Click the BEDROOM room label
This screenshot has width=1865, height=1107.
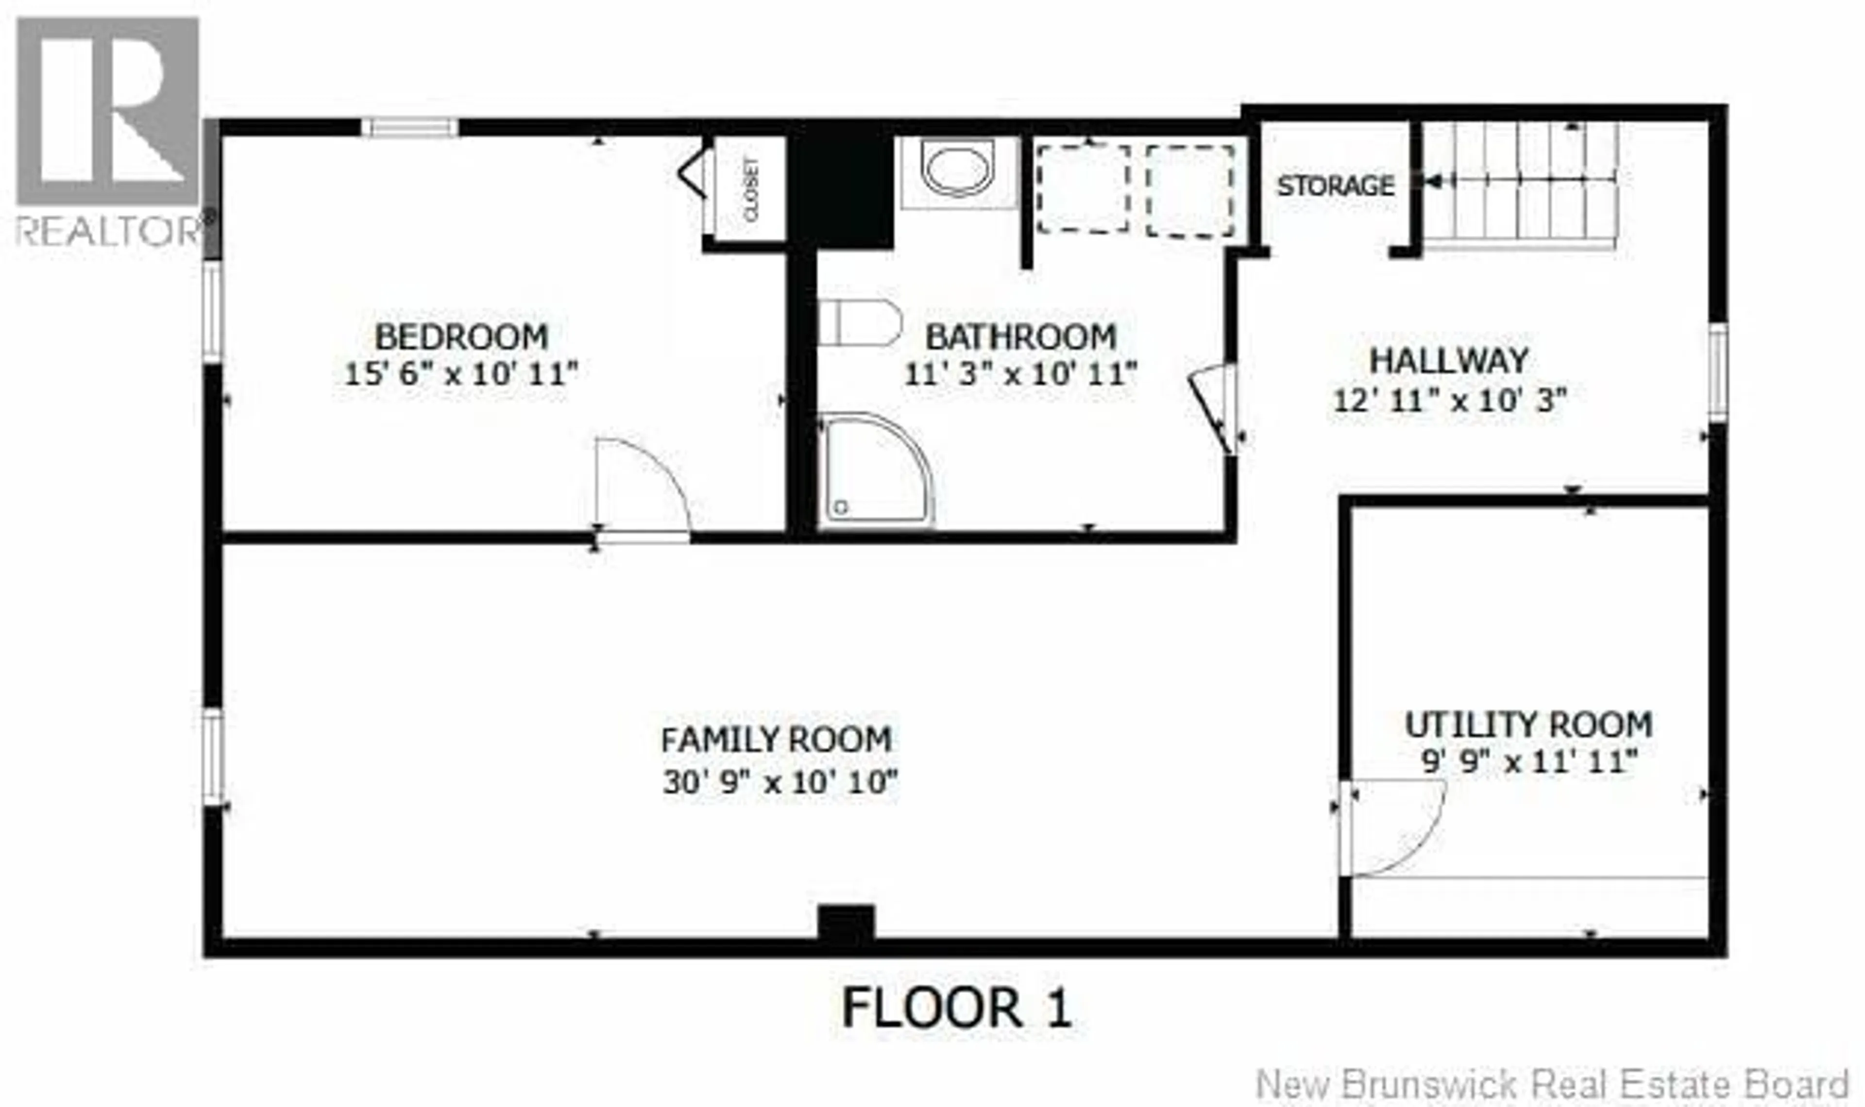click(x=461, y=337)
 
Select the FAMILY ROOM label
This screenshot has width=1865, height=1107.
click(x=776, y=740)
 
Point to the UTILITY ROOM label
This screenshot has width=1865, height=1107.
click(x=1528, y=725)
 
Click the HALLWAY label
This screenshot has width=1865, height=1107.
click(x=1449, y=361)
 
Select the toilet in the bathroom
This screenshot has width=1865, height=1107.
click(x=858, y=323)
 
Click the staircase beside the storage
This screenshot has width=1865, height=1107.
click(x=1522, y=186)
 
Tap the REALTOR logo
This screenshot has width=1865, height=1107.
click(x=108, y=131)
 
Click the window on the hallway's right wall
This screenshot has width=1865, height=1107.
click(x=1718, y=372)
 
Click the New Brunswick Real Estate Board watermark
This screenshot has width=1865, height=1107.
click(x=1556, y=1084)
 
